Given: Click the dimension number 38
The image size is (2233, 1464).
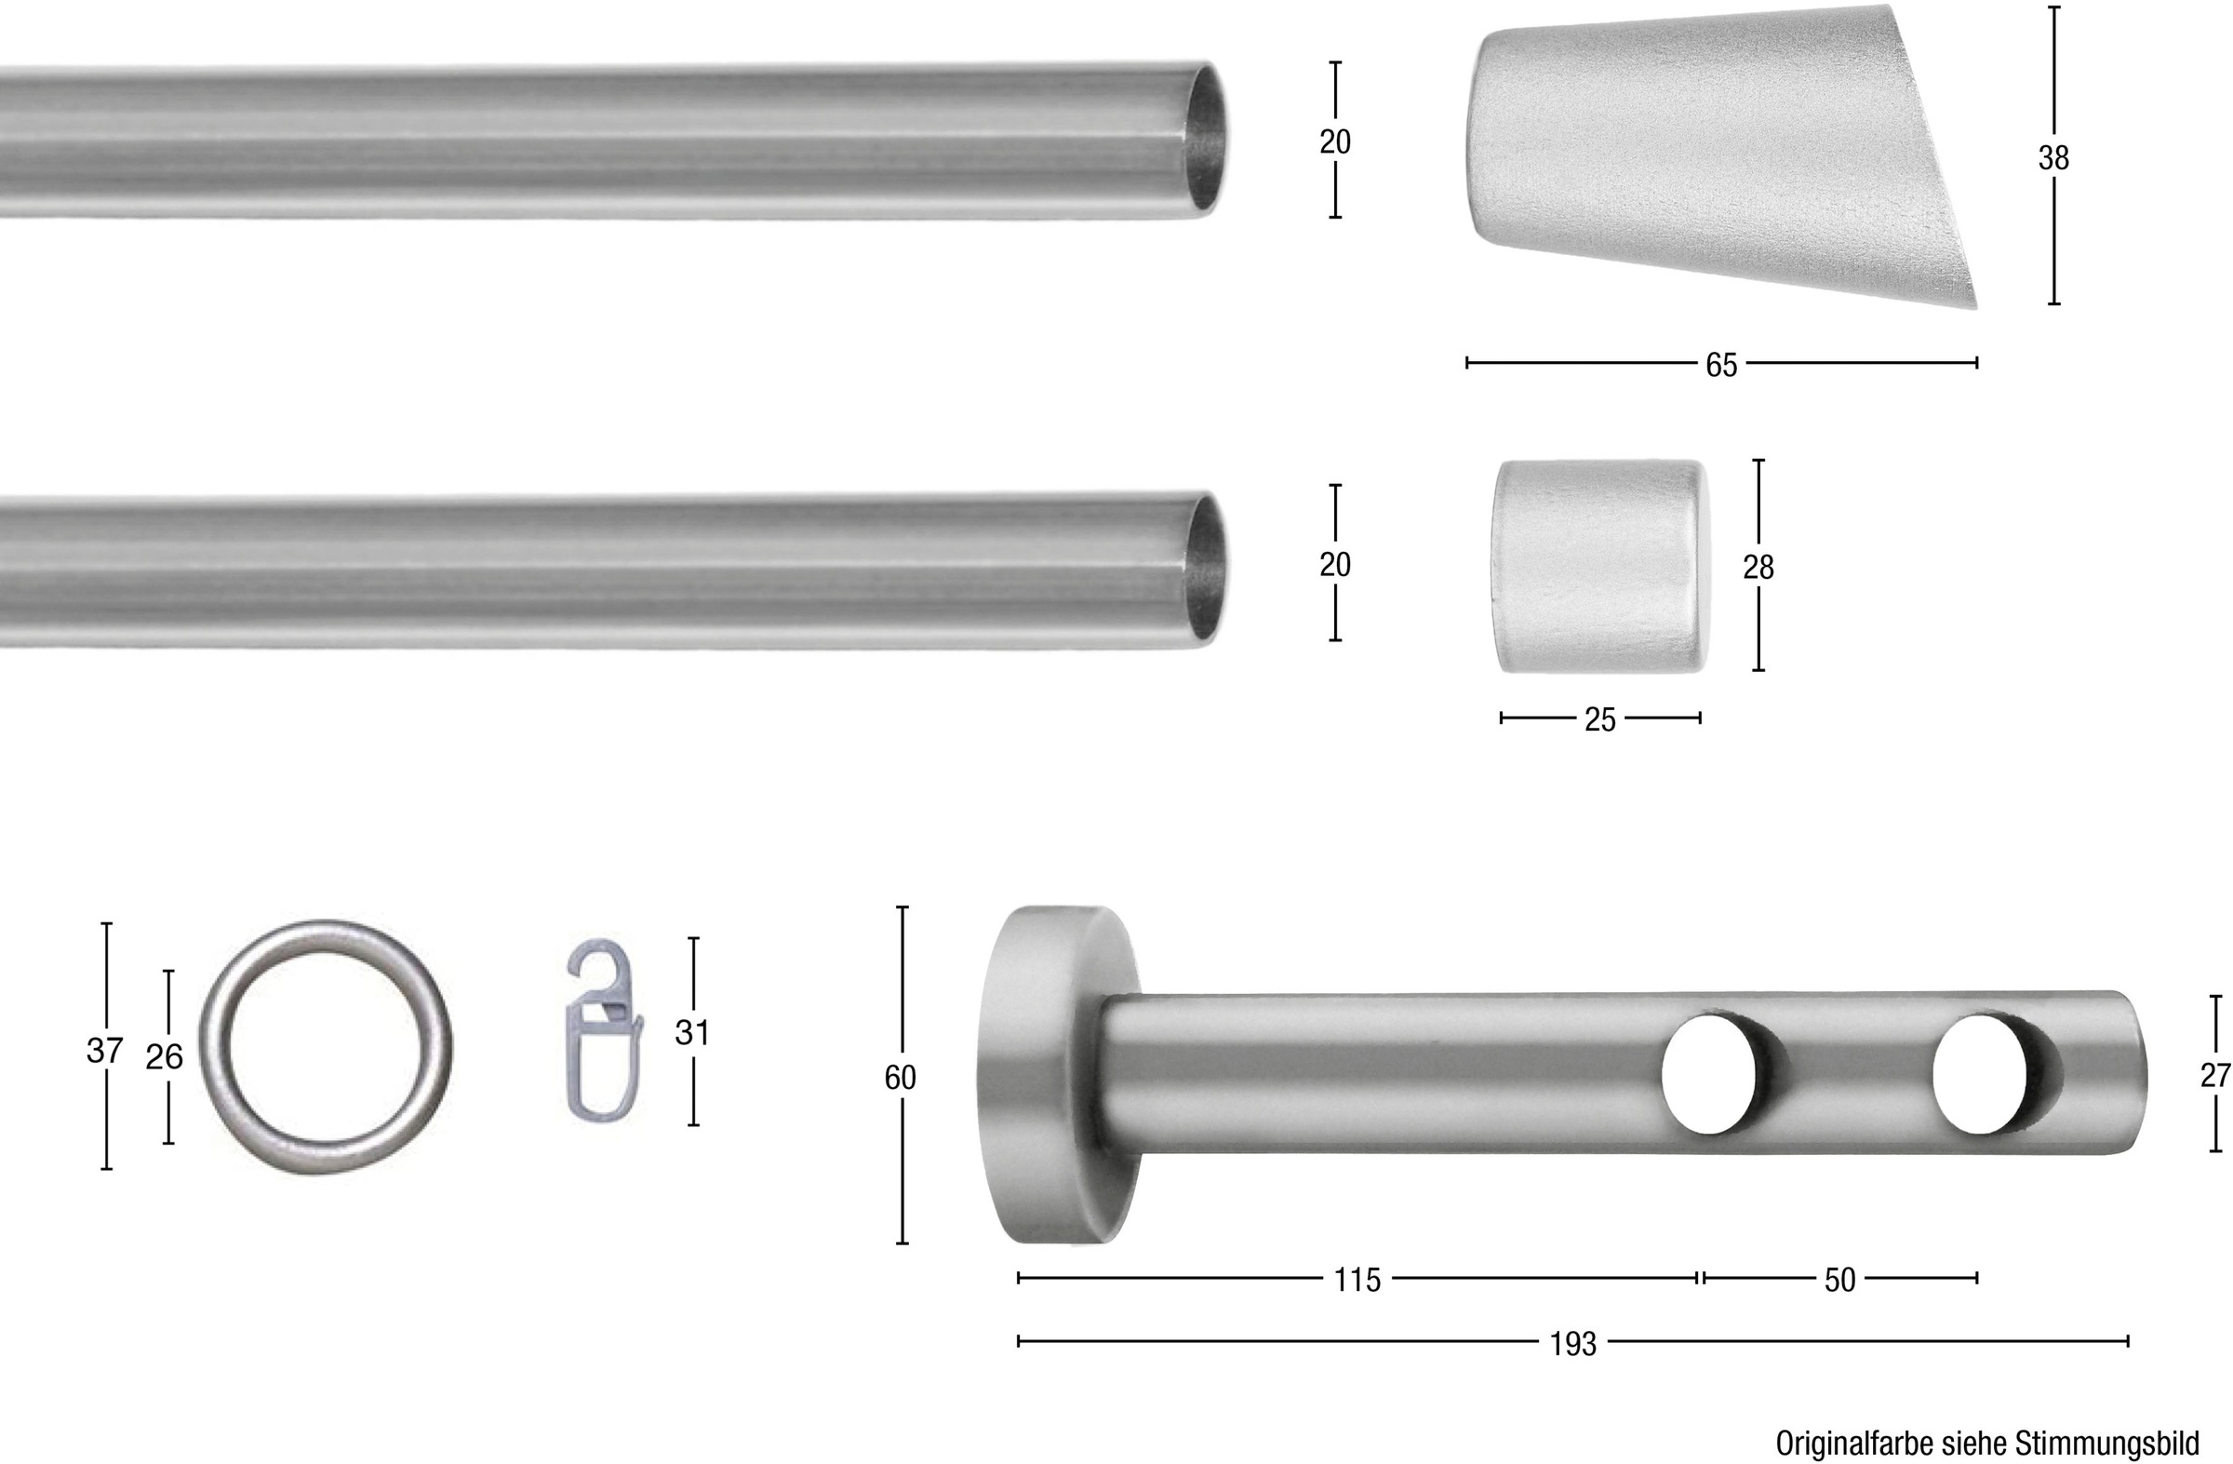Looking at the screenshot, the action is (x=2053, y=157).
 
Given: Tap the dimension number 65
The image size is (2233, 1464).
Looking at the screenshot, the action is (x=1721, y=365).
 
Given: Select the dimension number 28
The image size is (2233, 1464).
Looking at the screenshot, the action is (x=1758, y=567).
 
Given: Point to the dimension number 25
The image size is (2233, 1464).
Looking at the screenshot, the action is (x=1599, y=719).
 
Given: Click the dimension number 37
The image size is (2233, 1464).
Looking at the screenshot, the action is (x=104, y=1051).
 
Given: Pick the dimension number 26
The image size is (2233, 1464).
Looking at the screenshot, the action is (x=164, y=1057).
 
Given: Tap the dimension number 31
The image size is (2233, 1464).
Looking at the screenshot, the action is (x=691, y=1032).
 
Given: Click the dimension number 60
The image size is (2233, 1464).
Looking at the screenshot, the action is (x=900, y=1079).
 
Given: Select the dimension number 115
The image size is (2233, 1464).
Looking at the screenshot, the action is (x=1357, y=1279).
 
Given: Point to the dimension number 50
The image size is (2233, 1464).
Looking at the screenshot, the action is (x=1839, y=1280).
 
